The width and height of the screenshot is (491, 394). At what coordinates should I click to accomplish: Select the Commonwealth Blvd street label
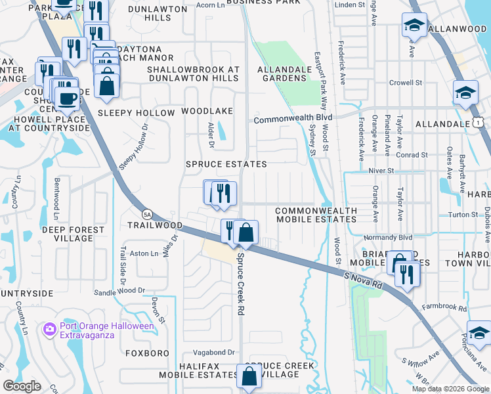coord(293,119)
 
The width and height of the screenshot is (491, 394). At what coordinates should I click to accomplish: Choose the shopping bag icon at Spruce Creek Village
coord(249,377)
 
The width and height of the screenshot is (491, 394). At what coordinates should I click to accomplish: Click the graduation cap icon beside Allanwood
coord(414,27)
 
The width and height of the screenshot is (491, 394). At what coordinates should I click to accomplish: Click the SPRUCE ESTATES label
coord(226,164)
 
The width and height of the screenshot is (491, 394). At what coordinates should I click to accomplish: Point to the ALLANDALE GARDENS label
coord(282,74)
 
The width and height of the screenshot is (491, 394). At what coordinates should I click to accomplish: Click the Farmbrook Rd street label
coord(444,307)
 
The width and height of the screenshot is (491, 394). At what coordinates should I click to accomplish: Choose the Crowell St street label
coord(405,83)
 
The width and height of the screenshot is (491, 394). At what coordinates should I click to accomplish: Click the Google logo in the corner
coord(22,386)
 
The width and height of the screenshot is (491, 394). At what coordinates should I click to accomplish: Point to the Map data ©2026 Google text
coord(450,389)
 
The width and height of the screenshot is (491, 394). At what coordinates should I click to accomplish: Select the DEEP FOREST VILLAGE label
coord(73,234)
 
